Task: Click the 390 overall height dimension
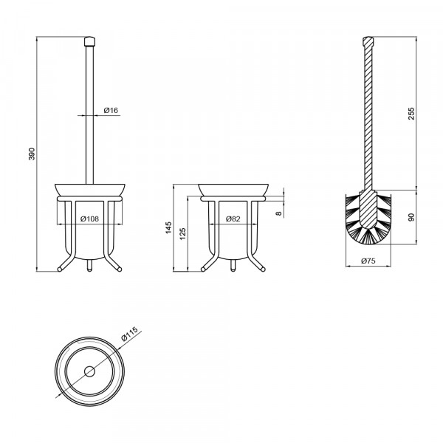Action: pyautogui.click(x=32, y=154)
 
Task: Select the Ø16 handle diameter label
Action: pyautogui.click(x=111, y=110)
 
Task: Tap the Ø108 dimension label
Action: pyautogui.click(x=89, y=219)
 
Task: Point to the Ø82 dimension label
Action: pyautogui.click(x=233, y=219)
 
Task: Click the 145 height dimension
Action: pyautogui.click(x=168, y=227)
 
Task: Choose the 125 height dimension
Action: pyautogui.click(x=183, y=234)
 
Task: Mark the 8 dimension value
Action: pyautogui.click(x=279, y=213)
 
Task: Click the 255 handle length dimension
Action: pyautogui.click(x=412, y=114)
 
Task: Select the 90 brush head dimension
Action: pyautogui.click(x=412, y=217)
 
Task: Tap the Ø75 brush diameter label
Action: pyautogui.click(x=368, y=261)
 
